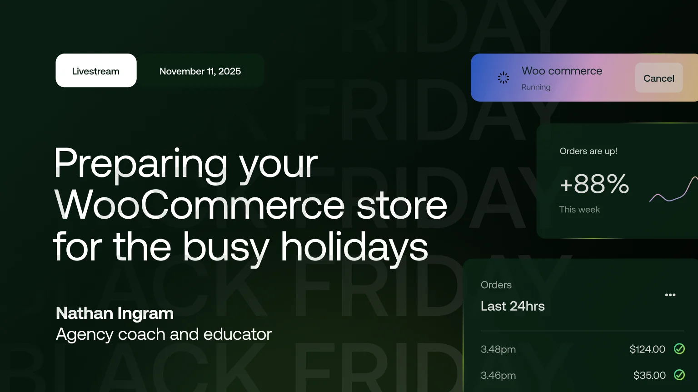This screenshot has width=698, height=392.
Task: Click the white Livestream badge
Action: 96,71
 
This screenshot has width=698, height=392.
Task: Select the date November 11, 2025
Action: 200,71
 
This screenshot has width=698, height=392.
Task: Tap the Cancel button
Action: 658,78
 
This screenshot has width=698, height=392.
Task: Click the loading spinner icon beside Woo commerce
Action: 504,78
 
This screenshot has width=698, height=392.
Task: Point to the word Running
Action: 536,87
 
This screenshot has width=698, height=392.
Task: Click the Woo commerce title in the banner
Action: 562,71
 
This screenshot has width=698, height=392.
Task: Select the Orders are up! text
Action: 588,151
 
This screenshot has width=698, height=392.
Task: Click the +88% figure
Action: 594,184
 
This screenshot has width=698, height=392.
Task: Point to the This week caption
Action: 579,210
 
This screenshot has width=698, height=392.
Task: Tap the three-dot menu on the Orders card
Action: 670,295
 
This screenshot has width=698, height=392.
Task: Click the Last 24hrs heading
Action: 513,306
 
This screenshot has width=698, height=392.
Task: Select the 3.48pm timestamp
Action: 498,349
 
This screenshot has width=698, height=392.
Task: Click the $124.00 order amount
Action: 647,349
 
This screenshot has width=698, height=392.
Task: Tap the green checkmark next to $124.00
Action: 679,349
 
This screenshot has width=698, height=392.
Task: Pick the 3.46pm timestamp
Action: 498,376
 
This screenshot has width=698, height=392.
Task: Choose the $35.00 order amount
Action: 649,376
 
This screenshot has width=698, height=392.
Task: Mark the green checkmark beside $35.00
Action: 679,375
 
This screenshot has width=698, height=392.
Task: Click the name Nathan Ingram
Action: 115,313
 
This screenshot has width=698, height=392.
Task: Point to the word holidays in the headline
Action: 354,247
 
